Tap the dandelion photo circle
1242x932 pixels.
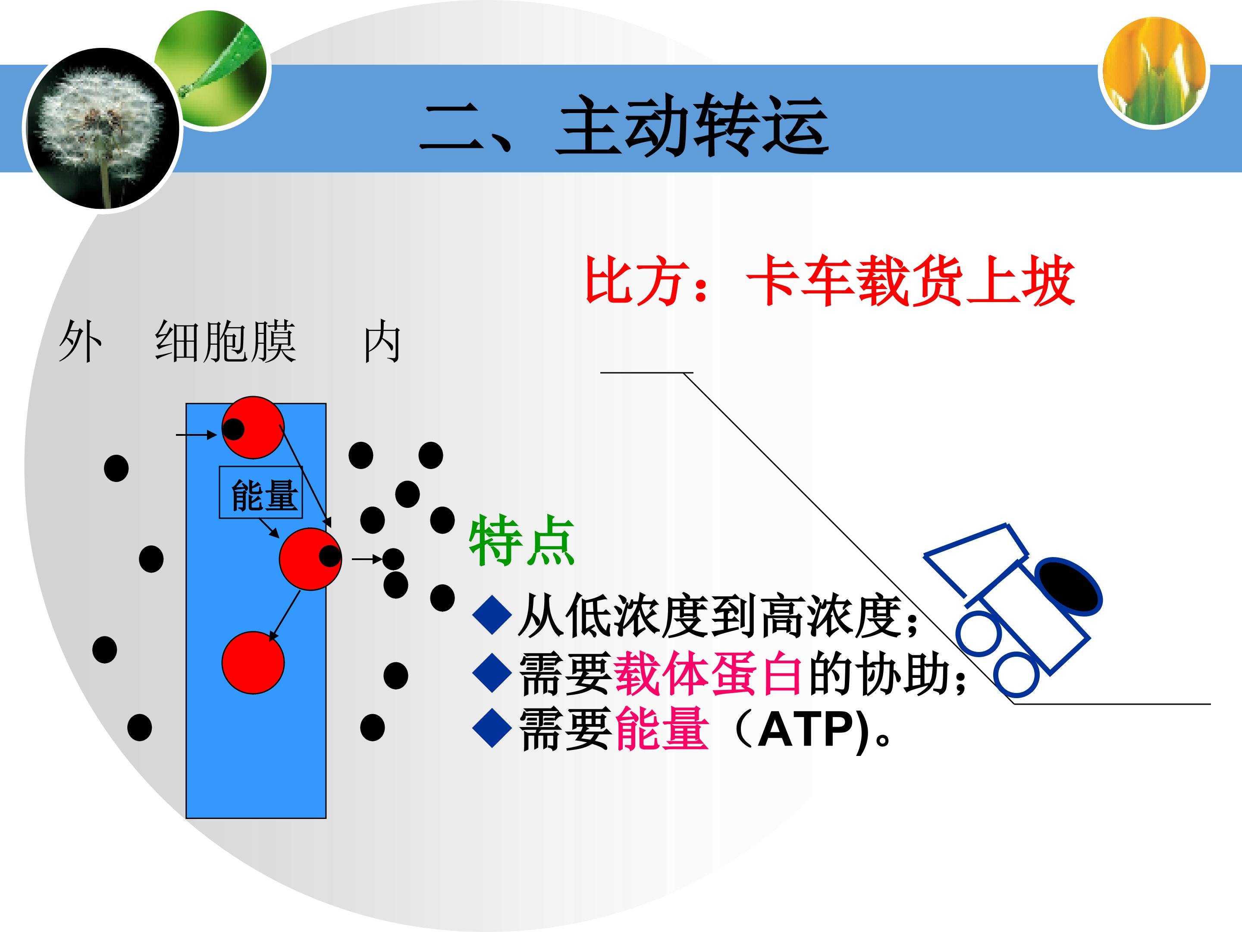coord(102,129)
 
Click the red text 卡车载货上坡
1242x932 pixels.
coord(910,280)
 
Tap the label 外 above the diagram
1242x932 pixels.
coord(80,341)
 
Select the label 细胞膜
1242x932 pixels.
coord(225,341)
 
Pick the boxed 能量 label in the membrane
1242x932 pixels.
coord(261,493)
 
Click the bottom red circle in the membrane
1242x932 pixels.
coord(253,662)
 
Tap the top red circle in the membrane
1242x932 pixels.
coord(253,428)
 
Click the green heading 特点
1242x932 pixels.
coord(522,541)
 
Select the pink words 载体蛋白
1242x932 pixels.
coord(709,674)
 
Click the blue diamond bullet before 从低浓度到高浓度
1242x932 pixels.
coord(492,615)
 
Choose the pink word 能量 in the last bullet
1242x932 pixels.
coord(662,729)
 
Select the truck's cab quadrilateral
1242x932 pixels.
coord(976,560)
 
